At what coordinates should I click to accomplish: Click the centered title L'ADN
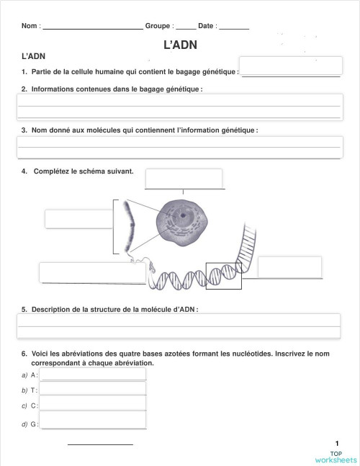tap(181, 45)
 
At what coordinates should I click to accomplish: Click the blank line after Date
tap(233, 27)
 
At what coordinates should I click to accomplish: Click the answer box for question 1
tap(290, 66)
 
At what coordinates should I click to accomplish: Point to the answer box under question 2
tap(179, 107)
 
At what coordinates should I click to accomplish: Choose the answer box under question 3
tap(179, 147)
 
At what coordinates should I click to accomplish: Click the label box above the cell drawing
tap(184, 178)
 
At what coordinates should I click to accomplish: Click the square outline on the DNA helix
tap(222, 276)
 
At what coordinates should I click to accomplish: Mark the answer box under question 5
tap(179, 326)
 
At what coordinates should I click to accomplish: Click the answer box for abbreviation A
tap(93, 375)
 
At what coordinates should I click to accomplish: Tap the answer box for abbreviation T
tap(93, 390)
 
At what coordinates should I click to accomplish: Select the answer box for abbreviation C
tap(93, 405)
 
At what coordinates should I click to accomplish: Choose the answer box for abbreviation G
tap(93, 423)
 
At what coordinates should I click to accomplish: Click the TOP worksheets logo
tap(336, 457)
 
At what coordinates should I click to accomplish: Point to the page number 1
tap(336, 443)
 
